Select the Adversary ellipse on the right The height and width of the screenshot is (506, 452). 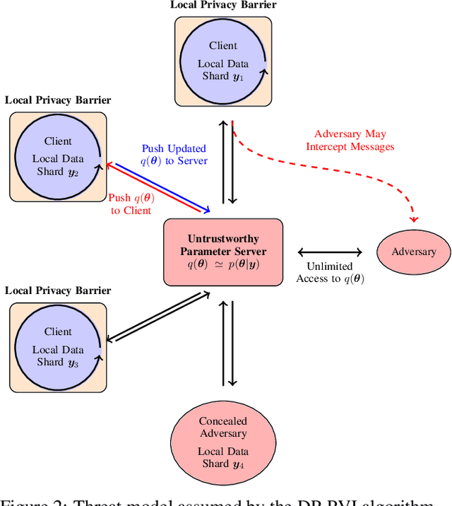(x=414, y=252)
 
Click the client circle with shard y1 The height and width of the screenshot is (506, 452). (x=223, y=59)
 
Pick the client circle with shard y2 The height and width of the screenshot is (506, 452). (x=58, y=156)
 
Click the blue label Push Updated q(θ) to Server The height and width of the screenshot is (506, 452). (x=174, y=155)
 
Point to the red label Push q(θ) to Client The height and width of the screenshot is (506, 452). (x=131, y=204)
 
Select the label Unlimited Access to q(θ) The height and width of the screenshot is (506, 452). (x=329, y=272)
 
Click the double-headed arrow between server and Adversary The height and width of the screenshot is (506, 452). (x=330, y=252)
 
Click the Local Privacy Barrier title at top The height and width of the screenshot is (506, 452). (x=223, y=6)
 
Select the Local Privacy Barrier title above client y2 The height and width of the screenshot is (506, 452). (x=58, y=100)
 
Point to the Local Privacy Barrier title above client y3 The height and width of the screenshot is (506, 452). (x=58, y=290)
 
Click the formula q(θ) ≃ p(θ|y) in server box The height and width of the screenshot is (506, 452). (x=223, y=264)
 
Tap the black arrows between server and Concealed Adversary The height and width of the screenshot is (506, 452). (x=227, y=344)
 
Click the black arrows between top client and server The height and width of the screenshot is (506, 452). (x=227, y=161)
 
